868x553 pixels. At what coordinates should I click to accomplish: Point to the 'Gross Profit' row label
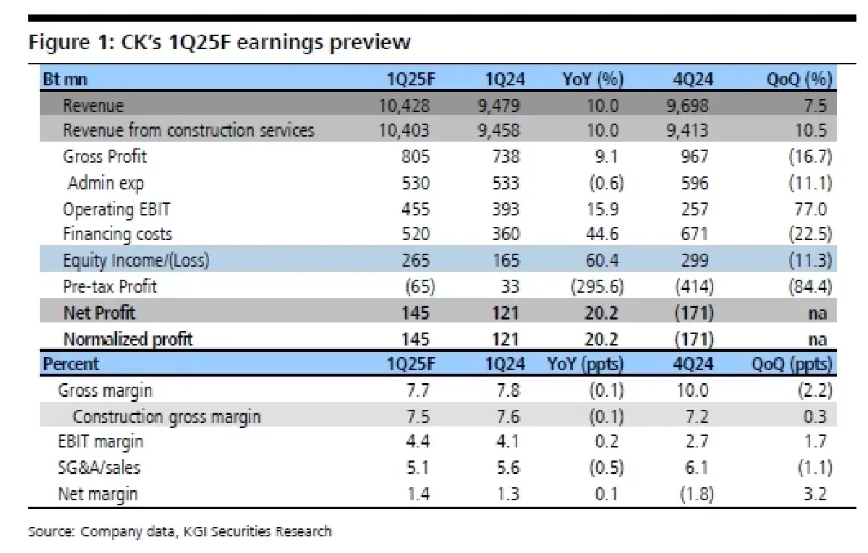point(105,157)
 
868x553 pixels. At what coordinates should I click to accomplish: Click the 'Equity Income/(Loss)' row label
point(135,260)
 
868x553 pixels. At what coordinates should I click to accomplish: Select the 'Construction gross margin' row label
point(166,416)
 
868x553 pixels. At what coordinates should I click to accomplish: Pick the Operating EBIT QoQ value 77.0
point(810,209)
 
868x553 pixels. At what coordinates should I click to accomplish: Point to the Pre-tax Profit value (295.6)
point(596,286)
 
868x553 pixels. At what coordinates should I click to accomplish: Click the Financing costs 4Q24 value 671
point(695,234)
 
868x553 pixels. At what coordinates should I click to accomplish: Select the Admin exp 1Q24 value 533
point(505,183)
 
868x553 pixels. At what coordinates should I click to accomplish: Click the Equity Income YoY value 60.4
point(603,260)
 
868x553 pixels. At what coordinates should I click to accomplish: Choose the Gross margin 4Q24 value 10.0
point(693,390)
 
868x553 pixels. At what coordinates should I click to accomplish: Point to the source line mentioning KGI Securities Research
point(180,532)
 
